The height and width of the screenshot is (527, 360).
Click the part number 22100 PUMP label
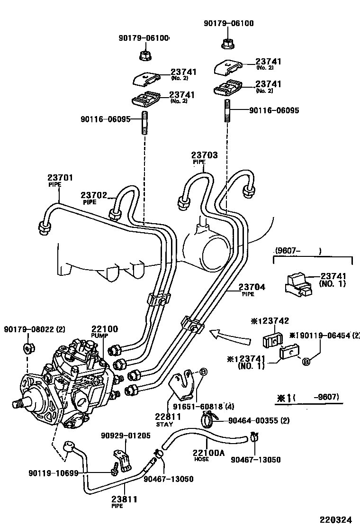[x=104, y=331]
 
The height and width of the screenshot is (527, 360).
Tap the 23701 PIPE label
[x=60, y=181]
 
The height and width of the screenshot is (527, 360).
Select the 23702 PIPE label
[x=94, y=198]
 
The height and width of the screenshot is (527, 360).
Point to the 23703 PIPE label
[x=204, y=157]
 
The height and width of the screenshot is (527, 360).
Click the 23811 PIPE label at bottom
[x=124, y=501]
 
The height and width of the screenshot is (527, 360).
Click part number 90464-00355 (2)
[x=259, y=420]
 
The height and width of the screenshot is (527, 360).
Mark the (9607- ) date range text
[x=297, y=251]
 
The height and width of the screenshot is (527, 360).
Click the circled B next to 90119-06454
[x=306, y=362]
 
